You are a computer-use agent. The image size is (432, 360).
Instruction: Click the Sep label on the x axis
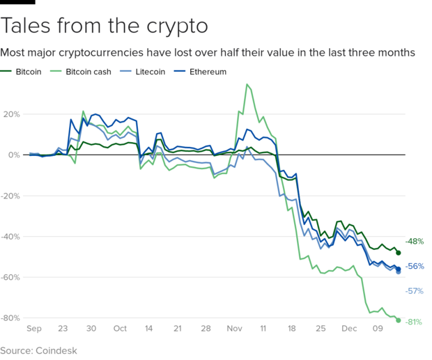[x=34, y=328]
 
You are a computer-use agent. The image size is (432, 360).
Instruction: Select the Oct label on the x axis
[x=120, y=328]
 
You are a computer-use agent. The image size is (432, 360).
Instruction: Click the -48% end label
[x=414, y=242]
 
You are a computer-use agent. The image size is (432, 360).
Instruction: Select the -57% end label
[x=414, y=291]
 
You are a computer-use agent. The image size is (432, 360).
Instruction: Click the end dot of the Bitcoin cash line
[x=399, y=320]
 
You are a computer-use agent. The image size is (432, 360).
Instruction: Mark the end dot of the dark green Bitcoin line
[x=399, y=252]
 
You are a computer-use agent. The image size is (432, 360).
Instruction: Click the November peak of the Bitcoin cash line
[x=247, y=85]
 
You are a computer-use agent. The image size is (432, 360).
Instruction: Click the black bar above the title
[x=17, y=3]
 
